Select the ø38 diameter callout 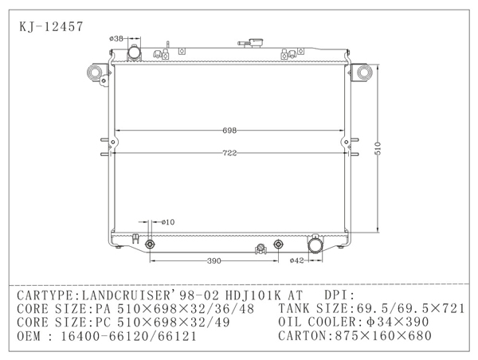pos(117,37)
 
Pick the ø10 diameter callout pos(167,221)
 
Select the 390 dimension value pos(214,261)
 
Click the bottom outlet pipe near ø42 pos(317,246)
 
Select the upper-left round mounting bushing pos(96,74)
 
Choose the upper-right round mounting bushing pos(365,74)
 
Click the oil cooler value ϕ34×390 pos(390,322)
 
